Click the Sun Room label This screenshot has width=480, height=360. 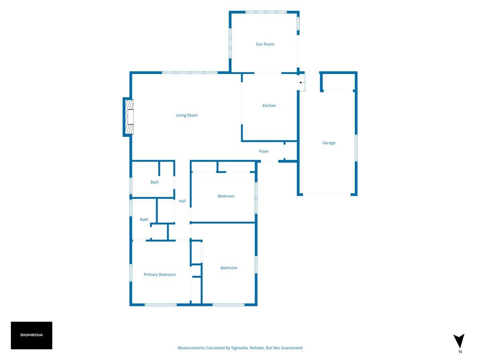(x=265, y=44)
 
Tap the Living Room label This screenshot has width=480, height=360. (x=187, y=115)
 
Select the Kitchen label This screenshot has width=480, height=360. (x=269, y=106)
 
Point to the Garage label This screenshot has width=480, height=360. (x=329, y=143)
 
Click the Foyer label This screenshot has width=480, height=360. (x=264, y=151)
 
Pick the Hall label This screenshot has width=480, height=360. (x=182, y=201)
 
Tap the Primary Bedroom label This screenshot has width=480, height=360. (x=160, y=274)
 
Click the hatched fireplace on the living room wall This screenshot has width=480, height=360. (x=129, y=117)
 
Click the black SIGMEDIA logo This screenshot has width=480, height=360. (x=32, y=335)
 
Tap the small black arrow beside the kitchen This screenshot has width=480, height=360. (x=302, y=83)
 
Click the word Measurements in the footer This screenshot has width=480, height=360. (x=191, y=348)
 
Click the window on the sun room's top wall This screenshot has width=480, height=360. (x=266, y=12)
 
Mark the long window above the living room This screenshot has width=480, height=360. (x=190, y=72)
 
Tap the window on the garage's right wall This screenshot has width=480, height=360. (x=356, y=148)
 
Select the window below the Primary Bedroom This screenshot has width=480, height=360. (x=161, y=305)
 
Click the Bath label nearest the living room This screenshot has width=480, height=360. (x=154, y=182)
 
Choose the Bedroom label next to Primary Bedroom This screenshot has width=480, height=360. (x=229, y=268)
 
